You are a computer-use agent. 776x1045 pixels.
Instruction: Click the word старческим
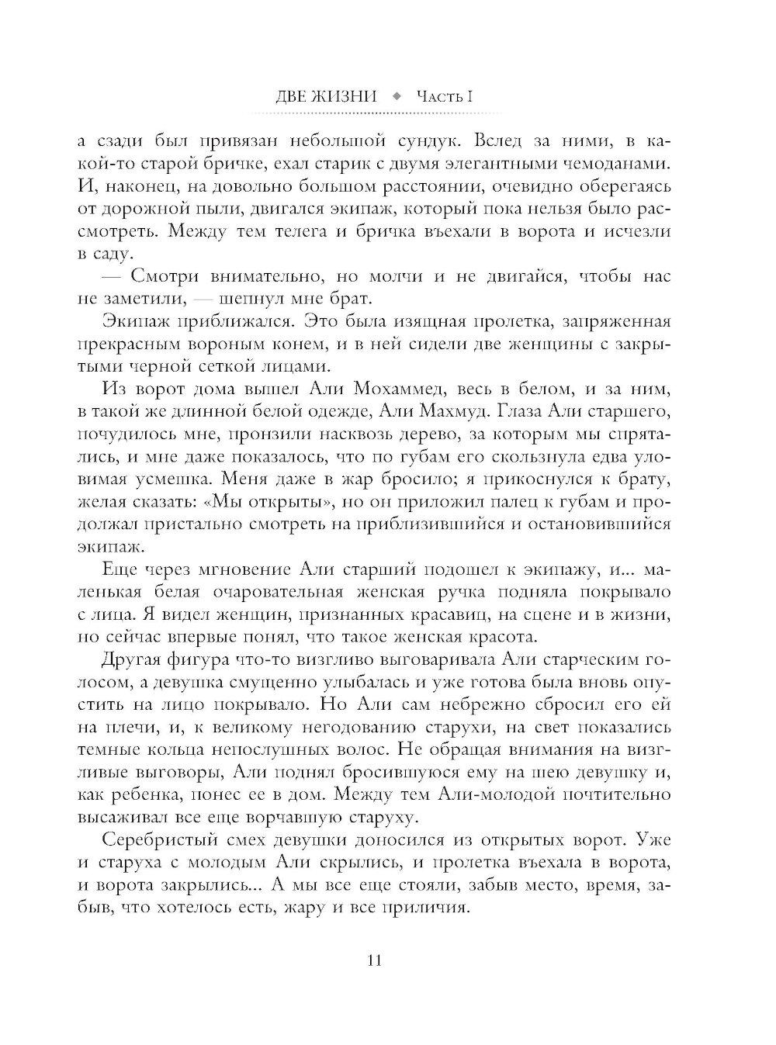[x=587, y=660]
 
